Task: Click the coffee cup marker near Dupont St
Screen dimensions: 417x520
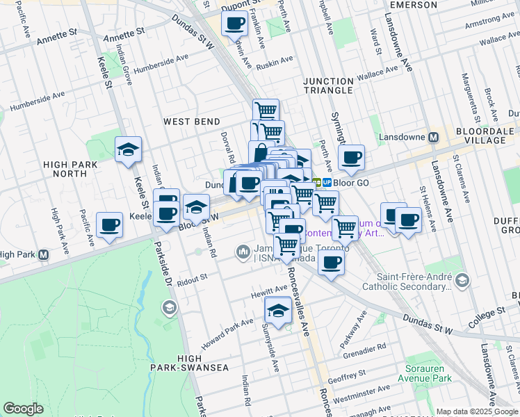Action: tap(234, 24)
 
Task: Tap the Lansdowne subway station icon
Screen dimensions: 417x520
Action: tap(434, 137)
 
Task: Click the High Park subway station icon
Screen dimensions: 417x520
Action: tap(44, 254)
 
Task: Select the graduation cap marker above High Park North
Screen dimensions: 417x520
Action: tap(128, 150)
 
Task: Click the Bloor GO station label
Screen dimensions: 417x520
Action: tap(352, 182)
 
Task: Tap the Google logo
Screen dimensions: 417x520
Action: tap(24, 409)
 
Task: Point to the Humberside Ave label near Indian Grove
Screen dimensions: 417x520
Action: tap(159, 69)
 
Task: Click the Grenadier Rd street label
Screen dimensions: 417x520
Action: tap(363, 348)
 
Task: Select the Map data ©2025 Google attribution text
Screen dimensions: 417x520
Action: tap(477, 411)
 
